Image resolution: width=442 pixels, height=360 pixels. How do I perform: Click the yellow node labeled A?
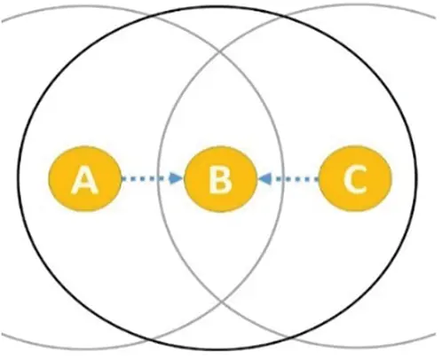coord(85,179)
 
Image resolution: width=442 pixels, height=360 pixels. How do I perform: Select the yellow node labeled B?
coord(220,179)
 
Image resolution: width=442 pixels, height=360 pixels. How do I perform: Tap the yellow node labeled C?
coord(355,178)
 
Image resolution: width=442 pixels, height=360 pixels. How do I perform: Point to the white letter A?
coord(85,180)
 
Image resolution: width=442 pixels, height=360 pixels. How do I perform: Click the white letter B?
coord(220,180)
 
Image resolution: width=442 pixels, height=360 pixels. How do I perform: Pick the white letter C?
coord(356,179)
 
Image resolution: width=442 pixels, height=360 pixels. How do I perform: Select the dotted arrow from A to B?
coord(153,178)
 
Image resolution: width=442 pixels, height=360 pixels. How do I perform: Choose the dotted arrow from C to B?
coord(288,178)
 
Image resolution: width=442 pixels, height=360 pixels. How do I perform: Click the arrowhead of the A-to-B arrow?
coord(177,178)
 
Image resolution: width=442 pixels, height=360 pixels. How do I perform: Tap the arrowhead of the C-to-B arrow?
coord(264,178)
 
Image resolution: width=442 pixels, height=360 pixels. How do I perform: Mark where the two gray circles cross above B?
coord(219,53)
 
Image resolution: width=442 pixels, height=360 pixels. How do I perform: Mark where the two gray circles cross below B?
coord(221,301)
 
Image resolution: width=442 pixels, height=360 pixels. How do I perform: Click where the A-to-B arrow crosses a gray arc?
coord(157,178)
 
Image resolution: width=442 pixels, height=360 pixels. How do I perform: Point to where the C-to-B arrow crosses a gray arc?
coord(283,178)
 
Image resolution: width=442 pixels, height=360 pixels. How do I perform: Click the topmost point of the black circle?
coord(217,6)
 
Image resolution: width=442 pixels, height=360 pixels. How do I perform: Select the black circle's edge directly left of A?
coord(19,179)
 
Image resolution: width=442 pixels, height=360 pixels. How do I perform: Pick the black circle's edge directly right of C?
coord(416,178)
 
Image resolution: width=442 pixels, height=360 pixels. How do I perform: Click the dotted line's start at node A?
coord(122,178)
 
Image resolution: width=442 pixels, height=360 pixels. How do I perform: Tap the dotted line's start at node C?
coord(318,178)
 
